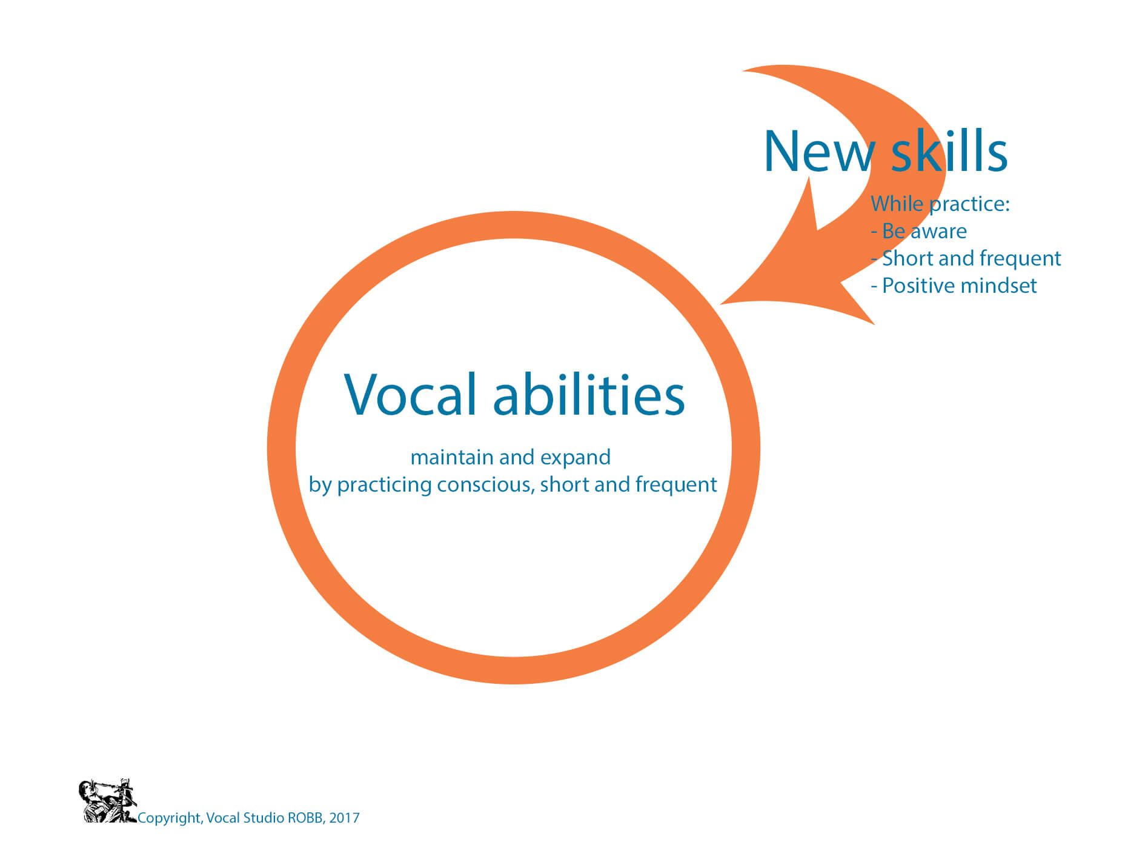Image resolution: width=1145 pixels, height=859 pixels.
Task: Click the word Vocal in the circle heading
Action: click(x=410, y=394)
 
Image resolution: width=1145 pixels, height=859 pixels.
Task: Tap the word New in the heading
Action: click(x=820, y=152)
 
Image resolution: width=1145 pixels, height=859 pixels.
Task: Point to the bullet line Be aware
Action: click(x=918, y=231)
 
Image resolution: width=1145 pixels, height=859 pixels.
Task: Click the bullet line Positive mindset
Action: click(x=954, y=286)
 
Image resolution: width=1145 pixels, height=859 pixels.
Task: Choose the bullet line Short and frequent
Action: click(x=966, y=259)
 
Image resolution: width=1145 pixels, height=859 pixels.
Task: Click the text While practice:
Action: click(x=940, y=204)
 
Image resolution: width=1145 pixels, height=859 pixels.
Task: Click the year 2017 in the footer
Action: click(x=344, y=818)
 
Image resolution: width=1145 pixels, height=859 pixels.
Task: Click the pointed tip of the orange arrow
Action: click(x=720, y=304)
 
